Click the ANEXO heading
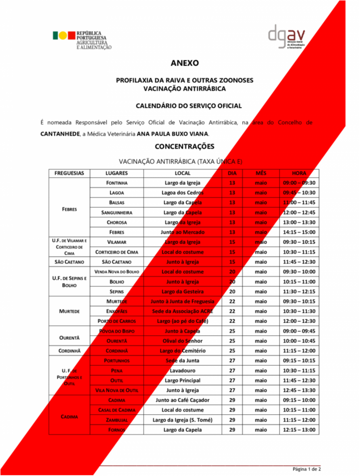pyautogui.click(x=184, y=63)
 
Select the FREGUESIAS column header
pyautogui.click(x=69, y=173)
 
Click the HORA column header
pyautogui.click(x=299, y=173)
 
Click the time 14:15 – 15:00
pyautogui.click(x=299, y=232)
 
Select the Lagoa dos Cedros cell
pyautogui.click(x=182, y=192)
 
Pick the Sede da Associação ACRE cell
pyautogui.click(x=182, y=311)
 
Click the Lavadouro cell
pyautogui.click(x=182, y=370)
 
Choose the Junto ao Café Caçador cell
pyautogui.click(x=182, y=400)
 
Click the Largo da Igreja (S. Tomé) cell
pyautogui.click(x=182, y=420)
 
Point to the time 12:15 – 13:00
pyautogui.click(x=299, y=430)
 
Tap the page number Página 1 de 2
pyautogui.click(x=307, y=469)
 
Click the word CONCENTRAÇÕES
pyautogui.click(x=184, y=146)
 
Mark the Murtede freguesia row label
pyautogui.click(x=69, y=311)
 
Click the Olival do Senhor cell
pyautogui.click(x=182, y=341)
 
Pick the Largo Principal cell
pyautogui.click(x=182, y=380)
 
